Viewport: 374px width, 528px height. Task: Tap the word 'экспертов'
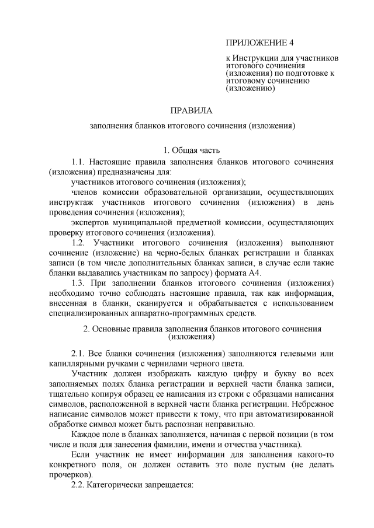point(91,222)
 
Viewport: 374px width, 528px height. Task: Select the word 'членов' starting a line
point(85,191)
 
